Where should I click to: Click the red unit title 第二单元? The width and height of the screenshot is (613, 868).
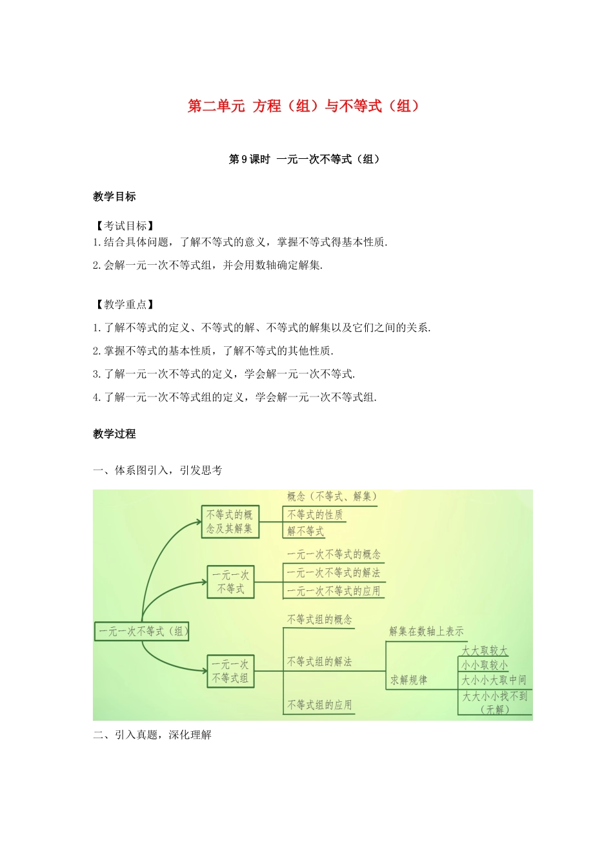tap(216, 106)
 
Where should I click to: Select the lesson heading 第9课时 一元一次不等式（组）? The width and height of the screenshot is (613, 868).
tap(304, 160)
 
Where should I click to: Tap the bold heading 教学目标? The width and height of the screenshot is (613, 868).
tap(114, 197)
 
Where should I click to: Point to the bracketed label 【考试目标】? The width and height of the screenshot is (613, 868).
tap(125, 226)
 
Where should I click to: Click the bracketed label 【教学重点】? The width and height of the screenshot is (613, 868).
tap(125, 305)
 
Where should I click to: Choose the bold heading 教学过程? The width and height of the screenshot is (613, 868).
tap(114, 434)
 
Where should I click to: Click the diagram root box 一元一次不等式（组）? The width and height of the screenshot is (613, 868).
tap(143, 632)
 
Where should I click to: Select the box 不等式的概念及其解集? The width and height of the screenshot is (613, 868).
tap(230, 522)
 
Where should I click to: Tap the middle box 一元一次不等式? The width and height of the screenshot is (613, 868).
tap(230, 582)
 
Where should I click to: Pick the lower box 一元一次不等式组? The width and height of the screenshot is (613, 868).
tap(230, 671)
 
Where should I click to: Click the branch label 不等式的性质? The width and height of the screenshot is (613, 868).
tap(315, 515)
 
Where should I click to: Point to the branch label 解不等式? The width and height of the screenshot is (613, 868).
tap(306, 532)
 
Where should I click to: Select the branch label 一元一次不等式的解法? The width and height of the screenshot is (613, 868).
tap(334, 573)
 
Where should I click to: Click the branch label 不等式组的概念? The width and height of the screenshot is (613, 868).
tap(319, 620)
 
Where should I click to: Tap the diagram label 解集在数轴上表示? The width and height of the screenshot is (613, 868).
tap(427, 632)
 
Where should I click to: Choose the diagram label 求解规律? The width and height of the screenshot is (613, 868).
tap(408, 680)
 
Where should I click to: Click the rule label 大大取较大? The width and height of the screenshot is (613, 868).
tap(485, 650)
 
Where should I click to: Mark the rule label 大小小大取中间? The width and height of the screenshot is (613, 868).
tap(494, 680)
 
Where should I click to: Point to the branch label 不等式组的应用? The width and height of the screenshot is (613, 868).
tap(319, 705)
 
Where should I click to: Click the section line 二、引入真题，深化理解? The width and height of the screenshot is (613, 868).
tap(152, 735)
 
